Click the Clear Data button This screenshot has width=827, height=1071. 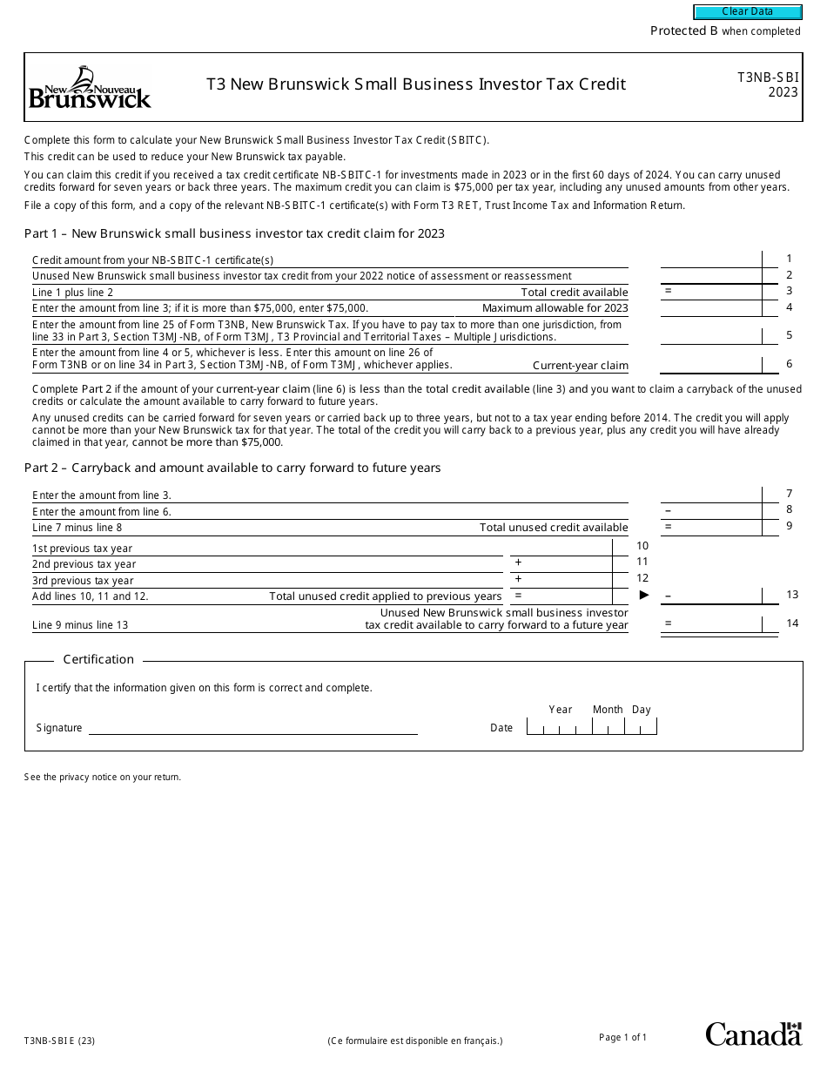[x=747, y=12]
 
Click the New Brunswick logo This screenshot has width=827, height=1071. [x=90, y=87]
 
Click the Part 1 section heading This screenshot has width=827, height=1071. [x=234, y=233]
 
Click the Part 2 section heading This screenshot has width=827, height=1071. [x=232, y=468]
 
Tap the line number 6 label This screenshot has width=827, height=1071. [x=789, y=364]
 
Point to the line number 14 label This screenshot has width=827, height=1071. [x=791, y=623]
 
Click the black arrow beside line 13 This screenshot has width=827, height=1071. [x=644, y=595]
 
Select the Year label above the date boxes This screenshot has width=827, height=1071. [x=561, y=710]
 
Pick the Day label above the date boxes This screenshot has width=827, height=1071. [x=641, y=710]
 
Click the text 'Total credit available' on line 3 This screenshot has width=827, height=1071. [x=574, y=293]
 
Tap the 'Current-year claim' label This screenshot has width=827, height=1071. [x=580, y=366]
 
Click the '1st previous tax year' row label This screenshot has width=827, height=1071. [x=83, y=549]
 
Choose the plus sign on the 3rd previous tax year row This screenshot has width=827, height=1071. [x=518, y=579]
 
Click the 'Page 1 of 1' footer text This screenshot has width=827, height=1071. [x=622, y=1037]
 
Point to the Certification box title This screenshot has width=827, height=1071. [x=98, y=659]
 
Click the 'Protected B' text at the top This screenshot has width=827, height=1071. [x=683, y=31]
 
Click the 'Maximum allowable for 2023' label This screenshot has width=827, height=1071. [x=555, y=308]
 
